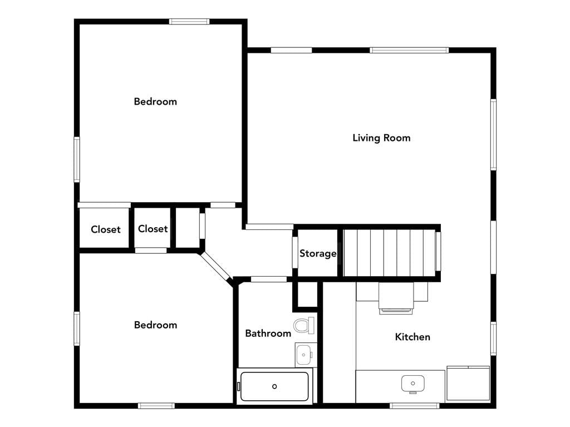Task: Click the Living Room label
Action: click(381, 138)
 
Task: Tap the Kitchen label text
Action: click(412, 337)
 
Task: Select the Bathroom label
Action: click(268, 333)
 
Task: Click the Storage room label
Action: click(318, 253)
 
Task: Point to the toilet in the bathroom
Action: click(304, 325)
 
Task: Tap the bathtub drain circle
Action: click(274, 386)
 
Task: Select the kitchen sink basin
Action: click(413, 384)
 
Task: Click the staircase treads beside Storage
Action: click(390, 253)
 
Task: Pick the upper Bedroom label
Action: click(155, 101)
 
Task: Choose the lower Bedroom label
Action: click(156, 325)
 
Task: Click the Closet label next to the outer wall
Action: click(105, 229)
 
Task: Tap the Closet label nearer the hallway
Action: click(153, 229)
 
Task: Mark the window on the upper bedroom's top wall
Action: click(189, 22)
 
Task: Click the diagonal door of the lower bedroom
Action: click(215, 266)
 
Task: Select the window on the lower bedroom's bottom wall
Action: click(156, 405)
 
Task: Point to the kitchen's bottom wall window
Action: click(415, 405)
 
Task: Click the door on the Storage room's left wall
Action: click(295, 253)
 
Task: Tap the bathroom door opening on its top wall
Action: click(269, 279)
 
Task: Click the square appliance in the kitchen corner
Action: click(468, 384)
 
